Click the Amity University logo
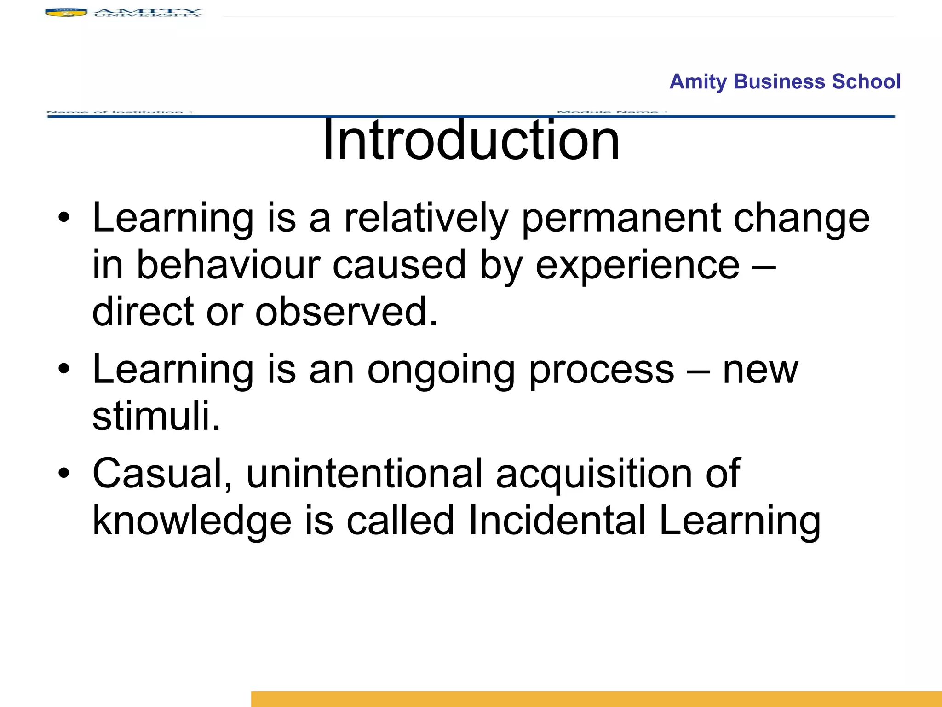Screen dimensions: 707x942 click(123, 12)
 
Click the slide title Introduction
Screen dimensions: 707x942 click(471, 139)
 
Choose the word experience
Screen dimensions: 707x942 click(638, 266)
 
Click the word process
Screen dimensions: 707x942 click(601, 371)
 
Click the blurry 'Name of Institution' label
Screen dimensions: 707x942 click(120, 112)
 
